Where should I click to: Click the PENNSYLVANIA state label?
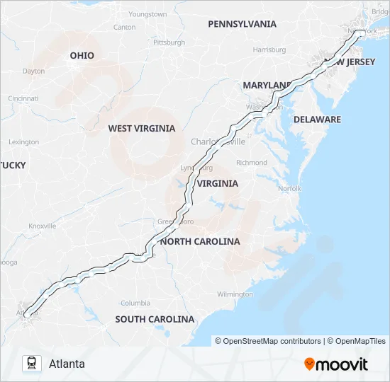pos(242,24)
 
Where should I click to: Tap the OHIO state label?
pos(82,55)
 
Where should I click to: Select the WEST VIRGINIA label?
pos(141,129)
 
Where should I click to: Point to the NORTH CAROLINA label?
pos(200,241)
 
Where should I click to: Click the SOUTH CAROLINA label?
pos(155,319)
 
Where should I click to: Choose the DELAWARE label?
pos(317,120)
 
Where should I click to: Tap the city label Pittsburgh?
pos(169,42)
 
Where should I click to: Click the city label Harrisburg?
pos(269,50)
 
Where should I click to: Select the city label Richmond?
pos(252,163)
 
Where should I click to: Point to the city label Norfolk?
pos(289,189)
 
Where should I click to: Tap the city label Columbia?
pos(135,303)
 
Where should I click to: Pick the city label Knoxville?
pos(42,226)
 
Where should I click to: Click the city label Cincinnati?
pos(23,98)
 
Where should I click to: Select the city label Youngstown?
pos(147,14)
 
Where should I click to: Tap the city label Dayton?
pos(33,71)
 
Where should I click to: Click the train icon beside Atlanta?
pos(31,364)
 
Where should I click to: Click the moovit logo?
pos(336,364)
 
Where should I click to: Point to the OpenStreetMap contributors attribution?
pos(268,341)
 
